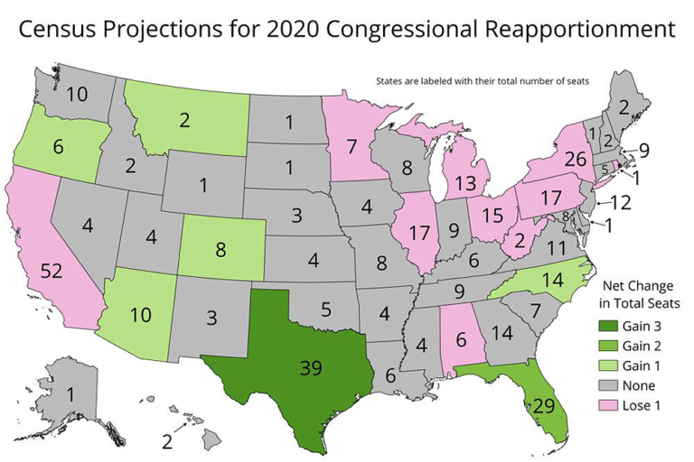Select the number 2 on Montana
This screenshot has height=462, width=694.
184,119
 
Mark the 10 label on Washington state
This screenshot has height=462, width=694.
76,93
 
